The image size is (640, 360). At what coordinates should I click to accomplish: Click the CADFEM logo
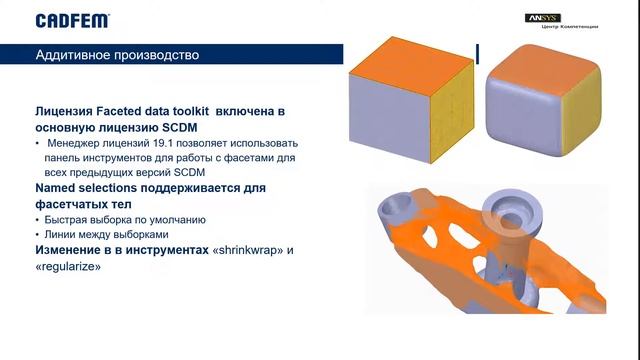(72, 20)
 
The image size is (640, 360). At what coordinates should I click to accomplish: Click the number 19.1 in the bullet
(151, 144)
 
